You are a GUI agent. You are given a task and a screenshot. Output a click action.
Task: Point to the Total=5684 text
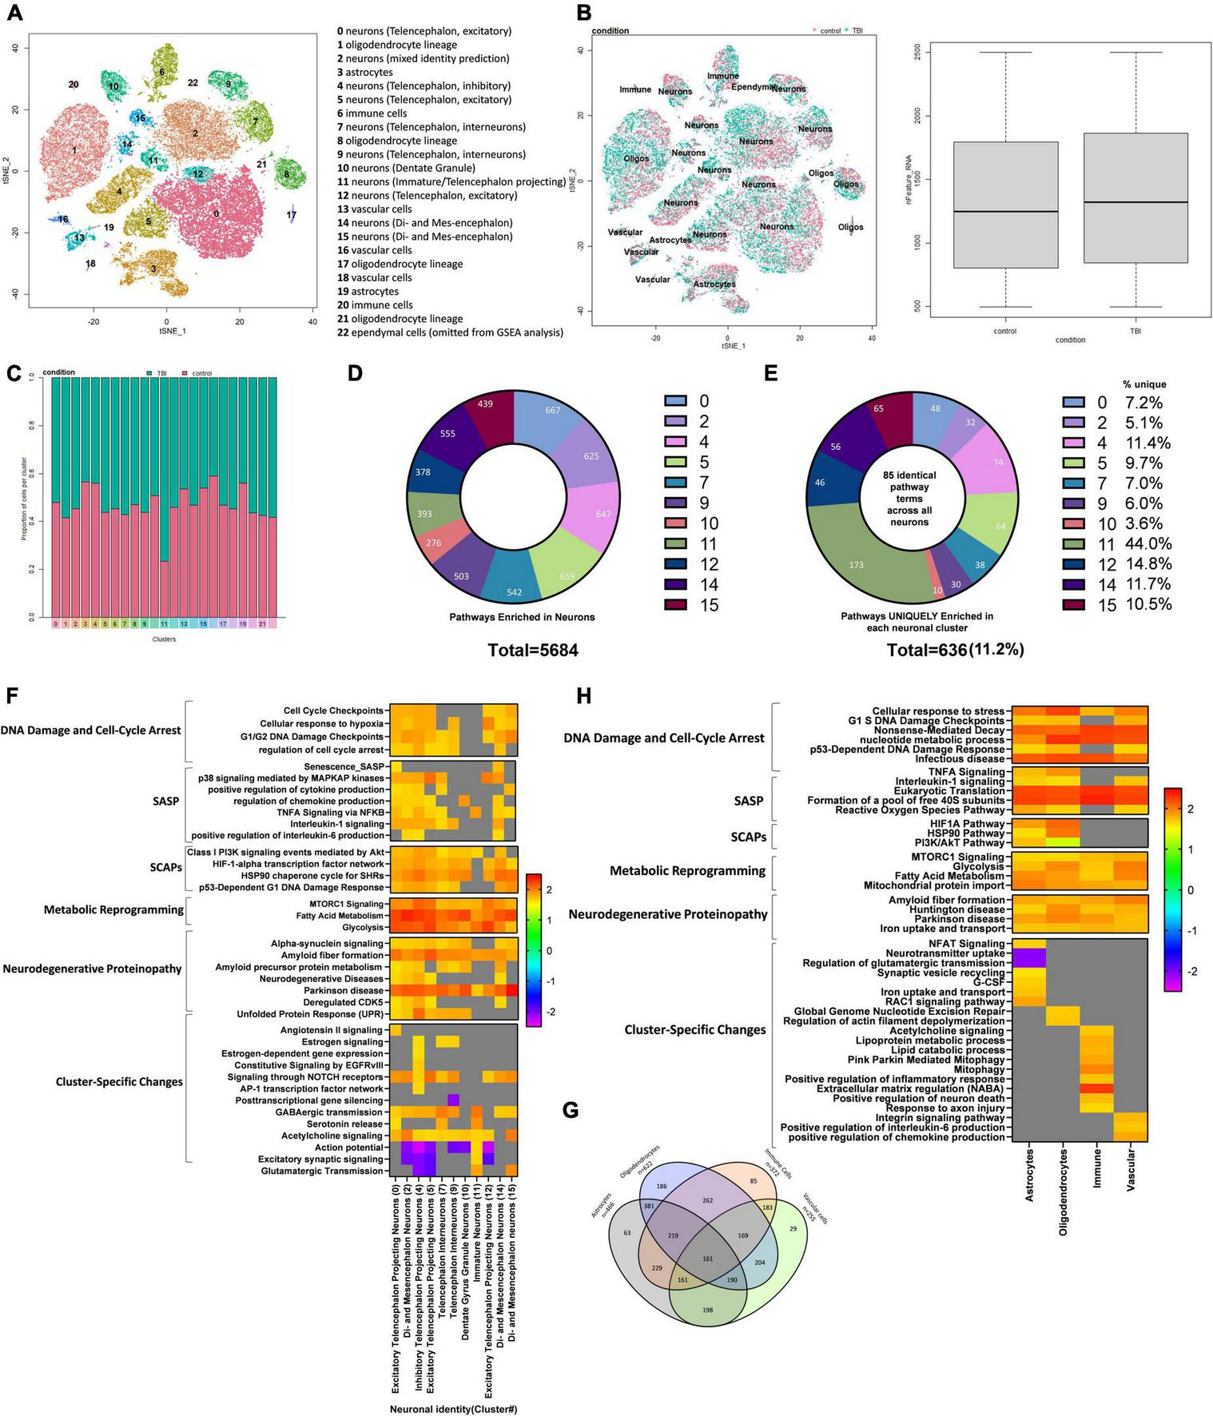pos(533,650)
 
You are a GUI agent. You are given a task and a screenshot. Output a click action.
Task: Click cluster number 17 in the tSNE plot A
pos(292,215)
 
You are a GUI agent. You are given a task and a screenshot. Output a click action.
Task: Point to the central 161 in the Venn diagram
pos(707,1259)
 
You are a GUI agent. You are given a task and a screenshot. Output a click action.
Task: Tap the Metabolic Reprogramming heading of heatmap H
pos(687,870)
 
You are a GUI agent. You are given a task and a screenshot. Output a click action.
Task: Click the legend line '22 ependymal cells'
pos(450,332)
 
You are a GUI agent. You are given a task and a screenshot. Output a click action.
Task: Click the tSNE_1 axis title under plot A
pos(166,330)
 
